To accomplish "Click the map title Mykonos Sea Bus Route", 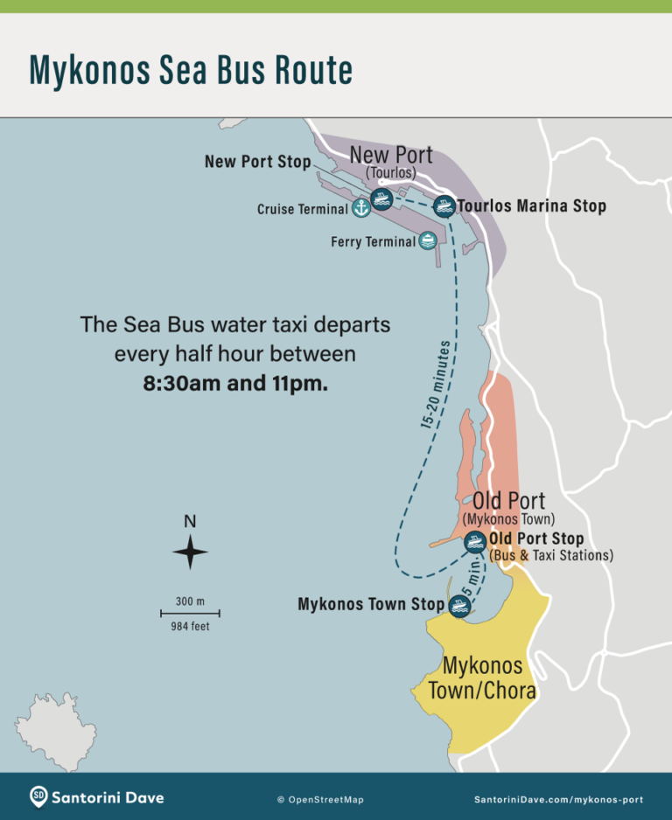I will pyautogui.click(x=191, y=70).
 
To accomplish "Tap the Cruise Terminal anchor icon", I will pyautogui.click(x=360, y=208).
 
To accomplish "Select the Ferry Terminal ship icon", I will pyautogui.click(x=428, y=240).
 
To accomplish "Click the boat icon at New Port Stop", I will pyautogui.click(x=381, y=198).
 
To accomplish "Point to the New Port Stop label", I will pyautogui.click(x=257, y=162).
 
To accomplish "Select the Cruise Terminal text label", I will pyautogui.click(x=301, y=210).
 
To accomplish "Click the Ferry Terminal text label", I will pyautogui.click(x=373, y=241).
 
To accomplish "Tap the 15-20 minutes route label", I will pyautogui.click(x=435, y=385).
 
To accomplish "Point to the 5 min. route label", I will pyautogui.click(x=473, y=578).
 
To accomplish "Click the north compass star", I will pyautogui.click(x=190, y=552).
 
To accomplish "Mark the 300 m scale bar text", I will pyautogui.click(x=189, y=601).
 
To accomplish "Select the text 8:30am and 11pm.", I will pyautogui.click(x=235, y=383).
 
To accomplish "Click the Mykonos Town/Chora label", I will pyautogui.click(x=482, y=678).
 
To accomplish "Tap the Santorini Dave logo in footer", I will pyautogui.click(x=97, y=797).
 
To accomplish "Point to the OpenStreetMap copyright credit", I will pyautogui.click(x=320, y=799).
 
